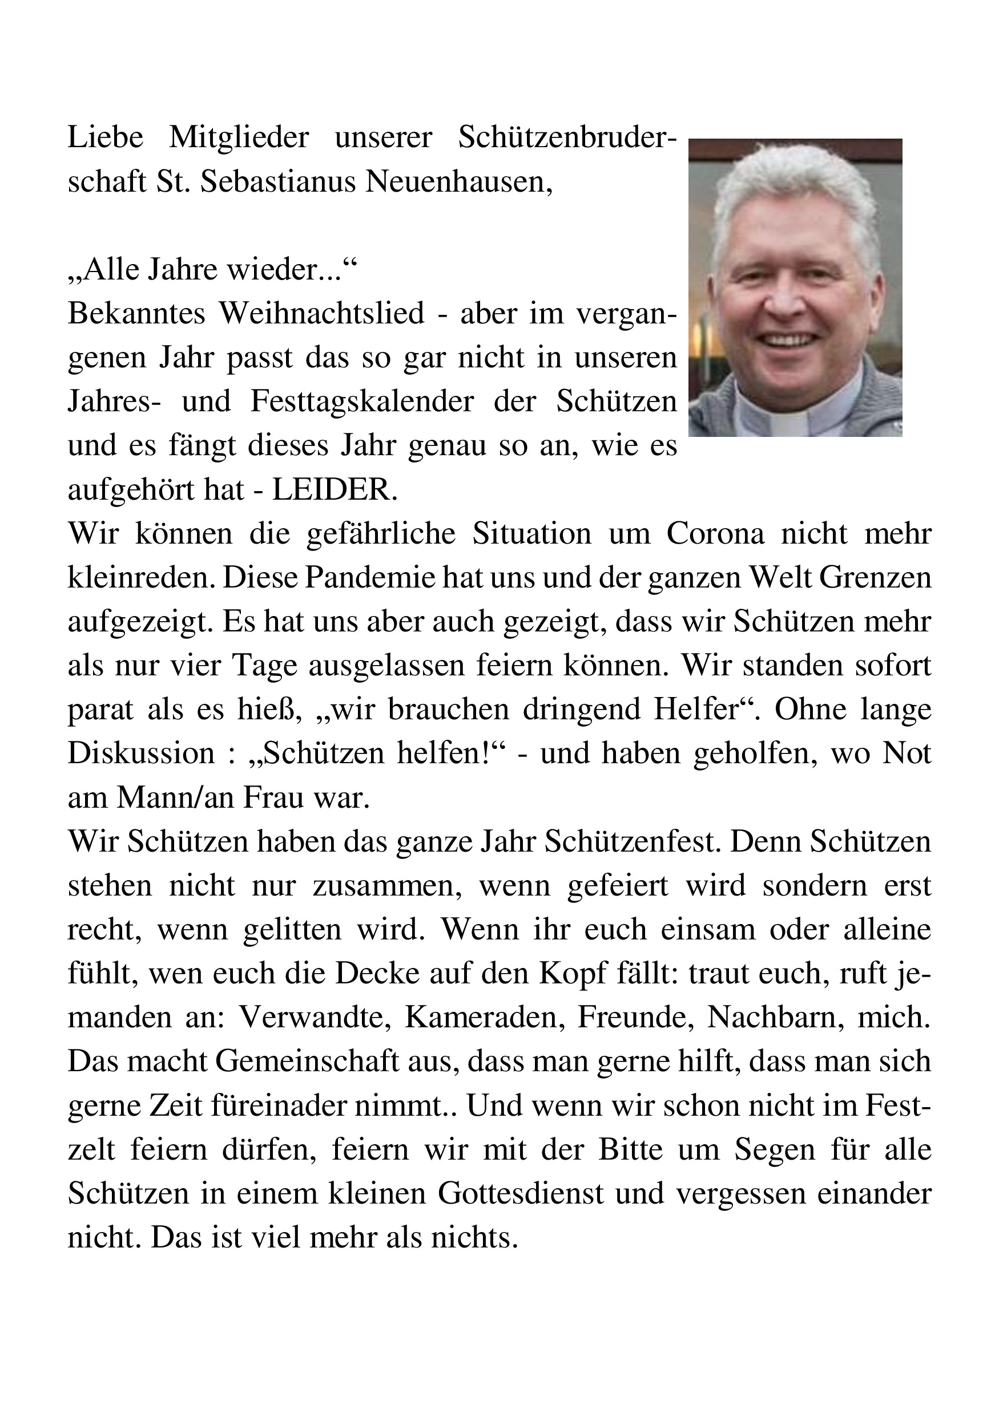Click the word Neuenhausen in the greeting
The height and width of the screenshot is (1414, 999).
[x=458, y=183]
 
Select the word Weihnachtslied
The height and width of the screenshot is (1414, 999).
[x=323, y=314]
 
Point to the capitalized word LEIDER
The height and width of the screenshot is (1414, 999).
[x=335, y=490]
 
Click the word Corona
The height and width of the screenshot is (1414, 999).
[x=715, y=534]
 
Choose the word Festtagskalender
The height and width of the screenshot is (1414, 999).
[x=362, y=402]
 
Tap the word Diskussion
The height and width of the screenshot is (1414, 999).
[x=141, y=755]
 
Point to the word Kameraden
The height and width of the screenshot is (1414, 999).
[x=485, y=1019]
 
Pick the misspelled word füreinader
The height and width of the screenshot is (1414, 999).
[x=280, y=1107]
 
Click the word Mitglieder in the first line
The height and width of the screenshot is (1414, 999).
[x=239, y=138]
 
